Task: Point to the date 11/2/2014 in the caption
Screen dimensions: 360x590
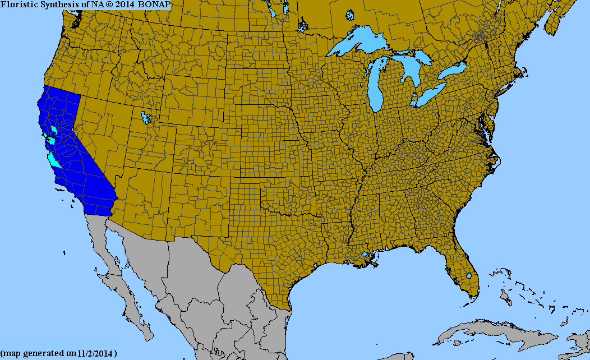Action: pyautogui.click(x=95, y=354)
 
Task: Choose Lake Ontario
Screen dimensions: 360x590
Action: pyautogui.click(x=453, y=71)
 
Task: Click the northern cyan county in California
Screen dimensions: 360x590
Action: pyautogui.click(x=54, y=130)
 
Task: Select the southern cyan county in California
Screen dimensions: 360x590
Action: pyautogui.click(x=54, y=161)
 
